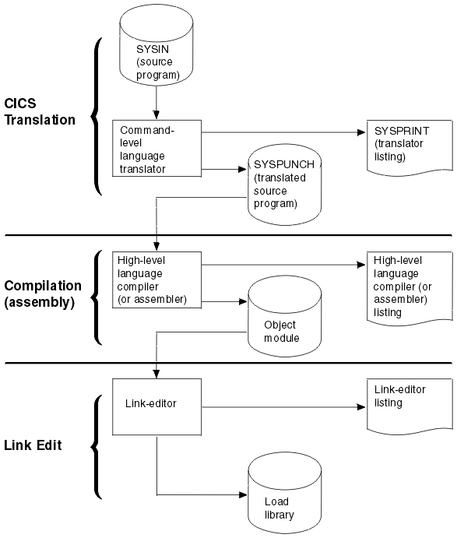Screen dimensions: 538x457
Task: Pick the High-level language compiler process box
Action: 156,279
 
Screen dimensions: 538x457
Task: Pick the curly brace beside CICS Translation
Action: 96,117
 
